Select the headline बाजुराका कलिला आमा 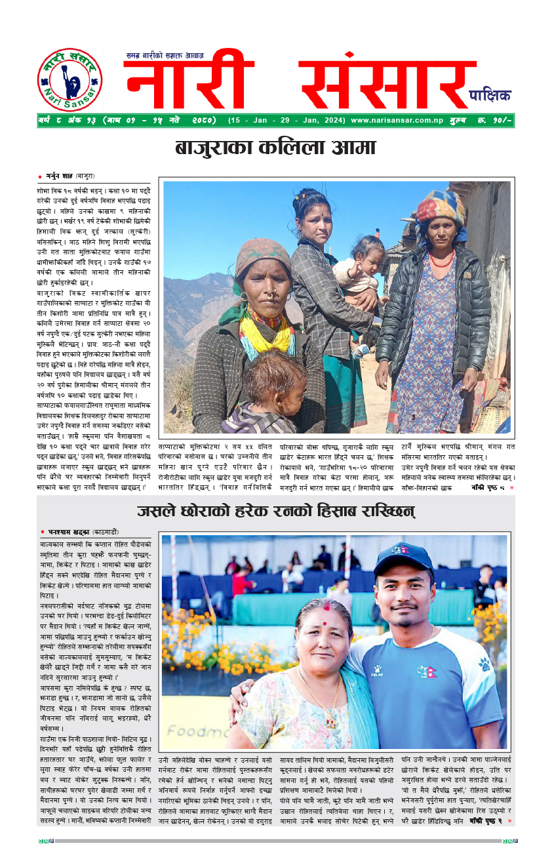tap(275, 148)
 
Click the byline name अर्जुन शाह tap(61, 176)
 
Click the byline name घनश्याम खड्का tap(66, 531)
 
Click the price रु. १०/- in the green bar tap(496, 121)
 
